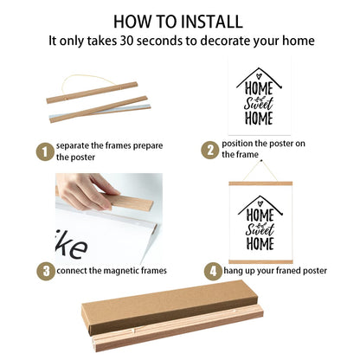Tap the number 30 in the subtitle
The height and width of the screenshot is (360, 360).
(x=126, y=41)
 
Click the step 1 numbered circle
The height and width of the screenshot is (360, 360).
(x=45, y=151)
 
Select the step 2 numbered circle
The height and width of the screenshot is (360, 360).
(x=210, y=150)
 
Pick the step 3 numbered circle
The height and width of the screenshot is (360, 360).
(x=46, y=271)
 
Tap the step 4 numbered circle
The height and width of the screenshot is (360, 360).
(x=213, y=271)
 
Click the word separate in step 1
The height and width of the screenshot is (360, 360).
(x=73, y=146)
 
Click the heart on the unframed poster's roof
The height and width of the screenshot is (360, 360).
(x=259, y=76)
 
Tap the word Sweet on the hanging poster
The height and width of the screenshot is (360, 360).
(x=260, y=229)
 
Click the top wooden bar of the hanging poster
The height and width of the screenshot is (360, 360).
(x=260, y=183)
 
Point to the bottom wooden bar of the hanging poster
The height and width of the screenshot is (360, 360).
(x=260, y=261)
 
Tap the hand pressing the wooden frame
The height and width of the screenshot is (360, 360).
(x=85, y=190)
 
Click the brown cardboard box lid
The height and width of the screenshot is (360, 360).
(x=170, y=307)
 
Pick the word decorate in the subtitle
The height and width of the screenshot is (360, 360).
(x=225, y=41)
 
